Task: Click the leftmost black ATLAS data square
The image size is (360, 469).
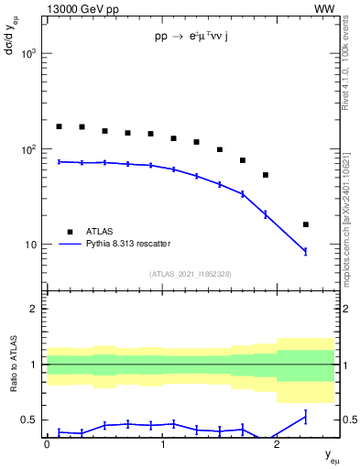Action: (59, 126)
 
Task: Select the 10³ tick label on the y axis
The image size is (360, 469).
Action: (29, 54)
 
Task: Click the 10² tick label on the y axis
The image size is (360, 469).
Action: (29, 149)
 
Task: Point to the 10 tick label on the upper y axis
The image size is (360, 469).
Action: (32, 245)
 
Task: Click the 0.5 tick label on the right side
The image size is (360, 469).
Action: (346, 420)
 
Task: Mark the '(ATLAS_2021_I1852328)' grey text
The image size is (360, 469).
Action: (191, 274)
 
